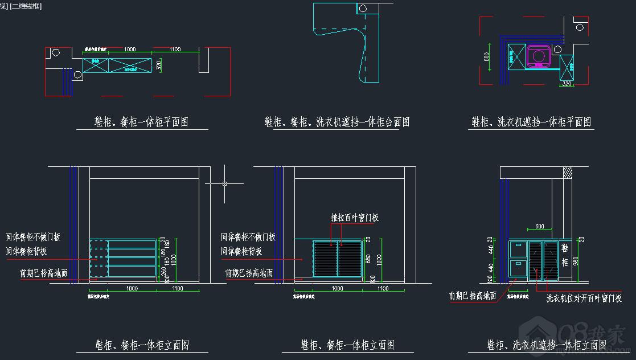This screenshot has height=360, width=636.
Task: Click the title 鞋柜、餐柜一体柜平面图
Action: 141,121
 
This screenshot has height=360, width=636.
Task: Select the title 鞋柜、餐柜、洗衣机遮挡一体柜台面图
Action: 337,122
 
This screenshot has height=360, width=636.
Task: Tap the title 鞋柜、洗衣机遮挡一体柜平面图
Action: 531,122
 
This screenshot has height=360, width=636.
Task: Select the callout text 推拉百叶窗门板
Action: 355,218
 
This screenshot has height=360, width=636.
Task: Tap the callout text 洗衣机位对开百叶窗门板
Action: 584,298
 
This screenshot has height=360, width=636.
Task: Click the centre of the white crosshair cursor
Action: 225,183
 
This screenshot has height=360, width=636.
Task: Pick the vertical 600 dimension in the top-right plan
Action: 487,57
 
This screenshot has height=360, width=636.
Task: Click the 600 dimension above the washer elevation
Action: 539,227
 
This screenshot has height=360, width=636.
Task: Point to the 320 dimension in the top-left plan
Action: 159,66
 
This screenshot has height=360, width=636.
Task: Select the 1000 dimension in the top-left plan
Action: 130,50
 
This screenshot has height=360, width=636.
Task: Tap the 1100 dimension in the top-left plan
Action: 175,50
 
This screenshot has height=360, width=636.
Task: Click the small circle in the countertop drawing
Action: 362,8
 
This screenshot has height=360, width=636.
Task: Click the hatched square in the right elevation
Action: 567,172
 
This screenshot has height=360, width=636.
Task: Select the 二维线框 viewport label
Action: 26,6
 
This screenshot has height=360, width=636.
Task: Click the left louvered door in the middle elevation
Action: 325,260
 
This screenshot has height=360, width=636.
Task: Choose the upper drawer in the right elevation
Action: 518,249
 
